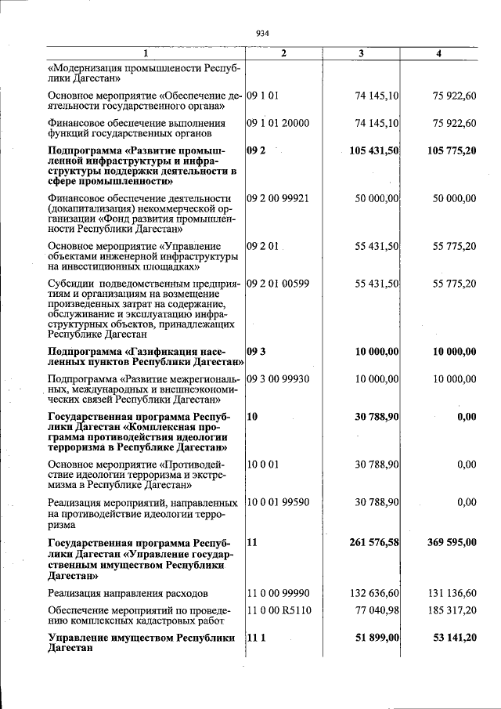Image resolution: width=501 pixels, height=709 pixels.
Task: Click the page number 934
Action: [262, 33]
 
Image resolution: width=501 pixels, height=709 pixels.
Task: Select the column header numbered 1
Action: [146, 53]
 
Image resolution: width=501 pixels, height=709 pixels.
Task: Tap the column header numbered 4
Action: [439, 53]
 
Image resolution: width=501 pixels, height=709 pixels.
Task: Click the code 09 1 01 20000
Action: [278, 123]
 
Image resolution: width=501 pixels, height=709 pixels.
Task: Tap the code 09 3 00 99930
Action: [278, 378]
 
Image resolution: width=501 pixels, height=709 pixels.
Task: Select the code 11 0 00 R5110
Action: [278, 609]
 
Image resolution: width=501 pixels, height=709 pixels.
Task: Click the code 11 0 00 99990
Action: [278, 593]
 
